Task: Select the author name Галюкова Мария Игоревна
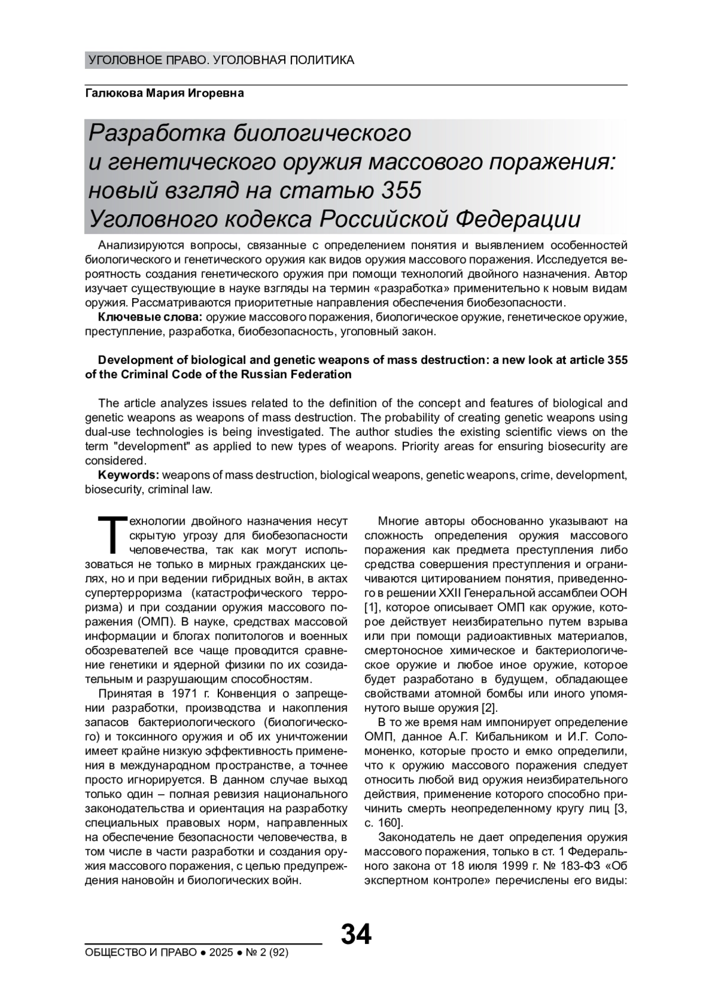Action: point(164,94)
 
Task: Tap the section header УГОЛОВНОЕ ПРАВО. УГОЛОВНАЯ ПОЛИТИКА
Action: point(221,60)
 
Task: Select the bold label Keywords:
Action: point(128,476)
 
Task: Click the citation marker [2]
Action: point(490,708)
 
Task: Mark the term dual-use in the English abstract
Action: point(107,432)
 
